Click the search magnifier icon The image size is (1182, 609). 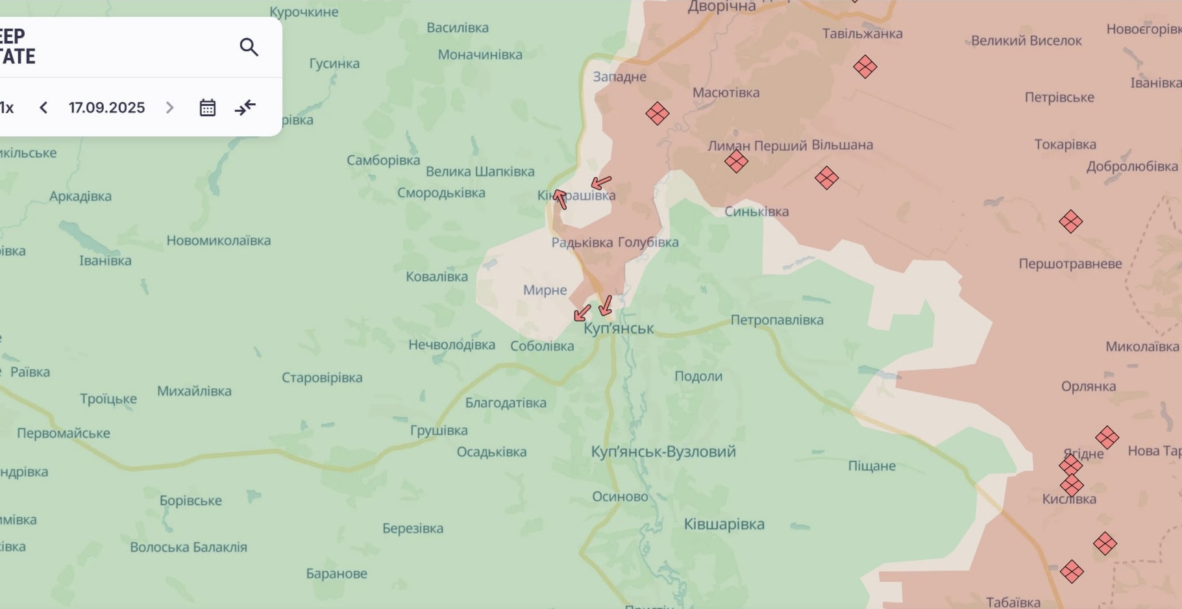pyautogui.click(x=249, y=47)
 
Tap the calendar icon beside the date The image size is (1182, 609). pyautogui.click(x=207, y=108)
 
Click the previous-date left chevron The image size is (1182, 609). pyautogui.click(x=43, y=108)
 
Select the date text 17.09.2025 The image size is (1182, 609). pyautogui.click(x=106, y=108)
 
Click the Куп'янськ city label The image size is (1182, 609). pyautogui.click(x=619, y=329)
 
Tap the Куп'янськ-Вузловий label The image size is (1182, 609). pyautogui.click(x=663, y=452)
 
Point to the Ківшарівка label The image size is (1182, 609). pyautogui.click(x=724, y=524)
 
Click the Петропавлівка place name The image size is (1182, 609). pyautogui.click(x=776, y=320)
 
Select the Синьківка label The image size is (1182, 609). pyautogui.click(x=756, y=212)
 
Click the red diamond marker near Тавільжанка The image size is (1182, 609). pyautogui.click(x=865, y=67)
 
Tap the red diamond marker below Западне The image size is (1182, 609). pyautogui.click(x=657, y=114)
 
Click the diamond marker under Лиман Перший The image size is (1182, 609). pyautogui.click(x=736, y=162)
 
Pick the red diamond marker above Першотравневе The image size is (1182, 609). pyautogui.click(x=1070, y=222)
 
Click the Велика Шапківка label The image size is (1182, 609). pyautogui.click(x=480, y=172)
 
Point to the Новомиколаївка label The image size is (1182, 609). pyautogui.click(x=218, y=241)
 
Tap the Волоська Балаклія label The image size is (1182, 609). pyautogui.click(x=188, y=547)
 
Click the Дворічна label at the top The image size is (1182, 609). pyautogui.click(x=721, y=7)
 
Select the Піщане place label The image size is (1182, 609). pyautogui.click(x=871, y=466)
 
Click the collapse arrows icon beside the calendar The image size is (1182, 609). pyautogui.click(x=245, y=108)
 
